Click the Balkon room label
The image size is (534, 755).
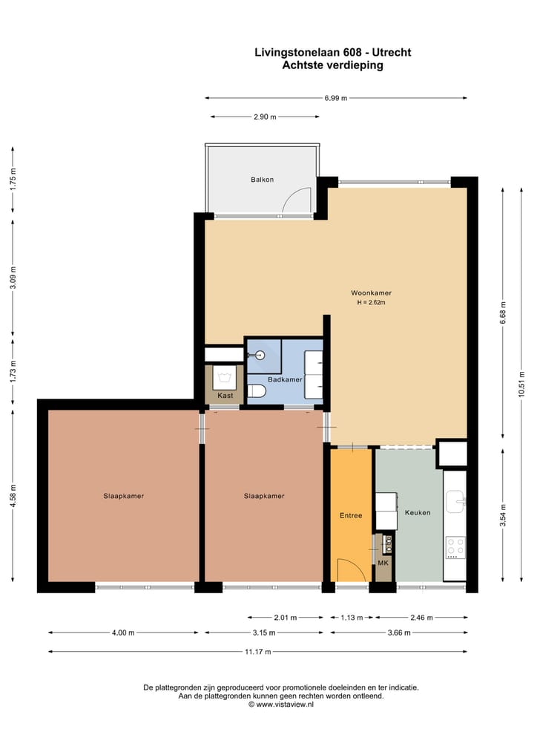pos(262,180)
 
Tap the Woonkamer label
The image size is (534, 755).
pos(371,292)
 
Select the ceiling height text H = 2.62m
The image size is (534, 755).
pos(371,302)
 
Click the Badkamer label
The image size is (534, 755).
pos(285,379)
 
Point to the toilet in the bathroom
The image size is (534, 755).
pos(257,391)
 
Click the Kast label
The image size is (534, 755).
pos(225,396)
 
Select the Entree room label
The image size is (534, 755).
pos(351,515)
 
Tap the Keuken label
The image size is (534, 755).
pos(418,512)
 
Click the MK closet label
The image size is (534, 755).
pos(383,563)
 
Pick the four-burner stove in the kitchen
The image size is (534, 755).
pos(455,547)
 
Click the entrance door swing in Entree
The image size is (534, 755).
pos(352,570)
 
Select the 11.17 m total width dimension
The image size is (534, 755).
pos(257,652)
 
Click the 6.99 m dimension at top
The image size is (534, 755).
pos(335,98)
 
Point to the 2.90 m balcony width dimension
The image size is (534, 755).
pos(264,117)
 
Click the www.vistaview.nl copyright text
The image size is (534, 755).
pos(281,705)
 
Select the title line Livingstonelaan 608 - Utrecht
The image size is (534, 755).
pos(332,53)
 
